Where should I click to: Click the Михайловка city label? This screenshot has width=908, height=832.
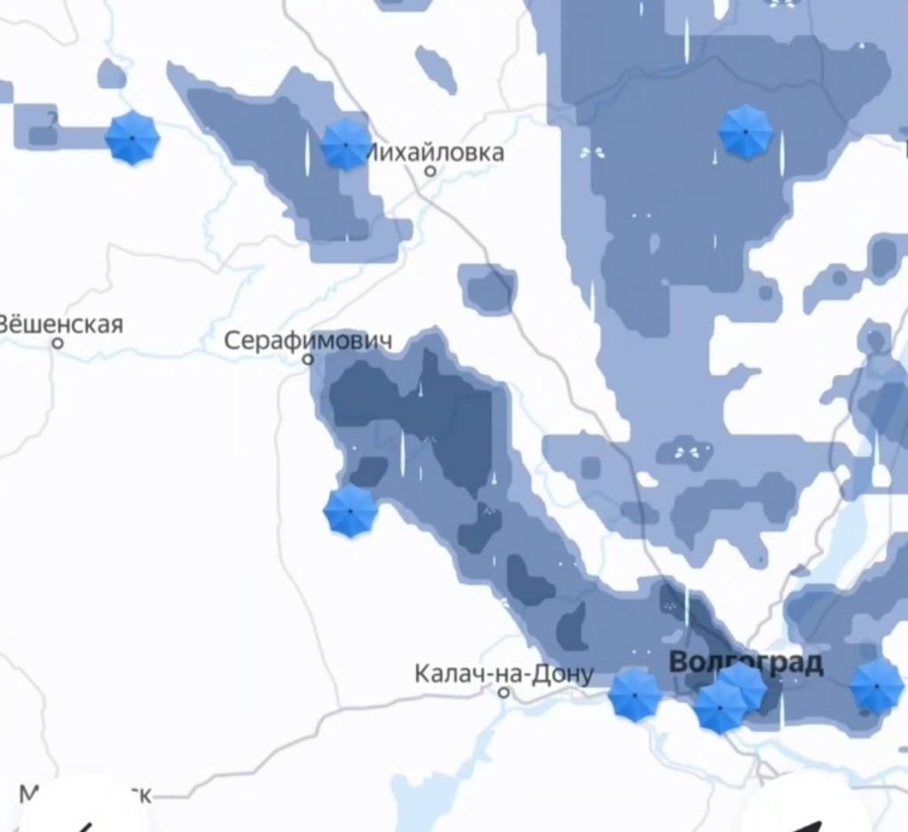434,153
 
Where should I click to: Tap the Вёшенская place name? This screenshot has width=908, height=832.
60,324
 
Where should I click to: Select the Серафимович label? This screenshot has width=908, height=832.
308,340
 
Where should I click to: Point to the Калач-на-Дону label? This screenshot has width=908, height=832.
504,674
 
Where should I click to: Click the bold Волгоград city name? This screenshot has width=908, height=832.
746,662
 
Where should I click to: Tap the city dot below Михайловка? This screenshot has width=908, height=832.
431,170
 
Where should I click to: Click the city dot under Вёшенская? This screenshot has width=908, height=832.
59,343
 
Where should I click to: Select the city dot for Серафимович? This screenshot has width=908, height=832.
308,359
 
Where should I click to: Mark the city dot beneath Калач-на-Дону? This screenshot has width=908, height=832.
504,692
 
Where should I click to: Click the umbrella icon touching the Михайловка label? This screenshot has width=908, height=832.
345,145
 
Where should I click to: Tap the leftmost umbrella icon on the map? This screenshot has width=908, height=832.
132,138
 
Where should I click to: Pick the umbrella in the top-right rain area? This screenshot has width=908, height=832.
745,131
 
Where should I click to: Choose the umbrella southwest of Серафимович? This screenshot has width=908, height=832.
350,511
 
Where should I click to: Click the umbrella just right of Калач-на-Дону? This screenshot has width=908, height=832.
635,695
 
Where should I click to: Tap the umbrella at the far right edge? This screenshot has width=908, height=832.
876,686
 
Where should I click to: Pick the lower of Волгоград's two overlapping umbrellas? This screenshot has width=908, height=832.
718,708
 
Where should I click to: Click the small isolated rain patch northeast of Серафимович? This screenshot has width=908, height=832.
488,289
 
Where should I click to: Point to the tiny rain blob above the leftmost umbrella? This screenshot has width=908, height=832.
112,74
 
